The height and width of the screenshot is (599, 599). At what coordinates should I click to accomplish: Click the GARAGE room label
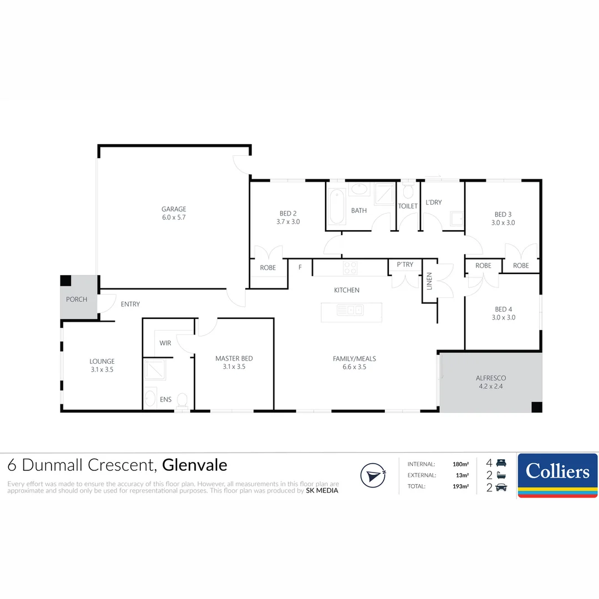tap(174, 209)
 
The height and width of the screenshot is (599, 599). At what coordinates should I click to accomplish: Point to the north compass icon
tap(373, 475)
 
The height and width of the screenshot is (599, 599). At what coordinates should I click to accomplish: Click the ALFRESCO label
tap(491, 378)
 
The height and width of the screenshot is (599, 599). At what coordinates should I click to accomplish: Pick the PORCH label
tap(77, 299)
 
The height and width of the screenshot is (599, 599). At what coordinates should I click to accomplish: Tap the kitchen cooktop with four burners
tap(351, 268)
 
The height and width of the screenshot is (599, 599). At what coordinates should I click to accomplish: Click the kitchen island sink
tap(350, 309)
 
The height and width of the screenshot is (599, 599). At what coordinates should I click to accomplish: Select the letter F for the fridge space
tap(300, 267)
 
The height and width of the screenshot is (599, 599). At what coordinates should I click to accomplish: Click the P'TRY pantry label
tap(404, 265)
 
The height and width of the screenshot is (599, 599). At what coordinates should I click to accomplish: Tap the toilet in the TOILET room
tap(408, 192)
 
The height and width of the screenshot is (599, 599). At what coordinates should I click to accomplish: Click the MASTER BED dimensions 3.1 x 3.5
tap(234, 367)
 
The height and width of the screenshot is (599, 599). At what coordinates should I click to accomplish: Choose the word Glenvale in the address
tap(195, 465)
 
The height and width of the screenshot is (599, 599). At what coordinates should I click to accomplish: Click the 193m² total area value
tap(460, 486)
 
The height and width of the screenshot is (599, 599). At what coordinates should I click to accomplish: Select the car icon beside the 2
tap(501, 488)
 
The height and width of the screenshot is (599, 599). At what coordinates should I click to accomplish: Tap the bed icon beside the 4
tap(501, 463)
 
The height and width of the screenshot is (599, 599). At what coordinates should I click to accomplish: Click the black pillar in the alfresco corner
tap(536, 407)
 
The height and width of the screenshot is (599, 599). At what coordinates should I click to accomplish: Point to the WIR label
tap(165, 343)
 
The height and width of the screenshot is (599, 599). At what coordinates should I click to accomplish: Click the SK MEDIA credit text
tap(322, 490)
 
